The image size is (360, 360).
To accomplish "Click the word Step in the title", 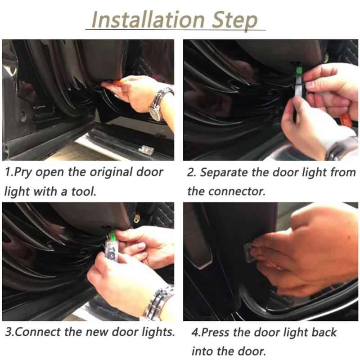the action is pos(234,21).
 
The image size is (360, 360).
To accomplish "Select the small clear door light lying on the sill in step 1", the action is pos(146,150).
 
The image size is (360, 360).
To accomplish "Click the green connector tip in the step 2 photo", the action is pos(299,69).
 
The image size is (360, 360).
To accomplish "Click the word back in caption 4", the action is pos(324,332).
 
